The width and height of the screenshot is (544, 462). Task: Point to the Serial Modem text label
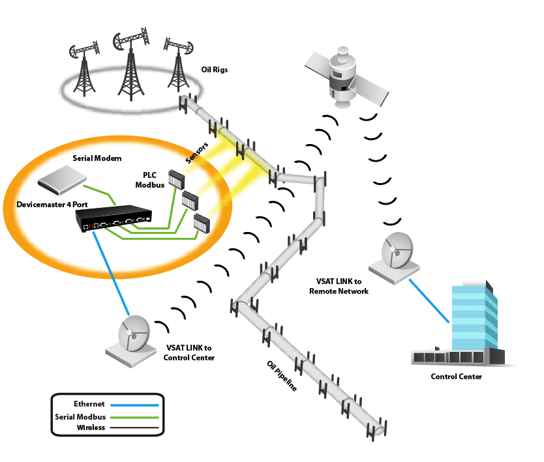pos(97,158)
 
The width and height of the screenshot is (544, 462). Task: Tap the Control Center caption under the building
pos(456,377)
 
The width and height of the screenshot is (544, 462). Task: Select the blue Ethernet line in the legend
pos(134,405)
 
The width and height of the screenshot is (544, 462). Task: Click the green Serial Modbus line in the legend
pos(134,416)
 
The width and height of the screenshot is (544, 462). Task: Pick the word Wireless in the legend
pos(91,427)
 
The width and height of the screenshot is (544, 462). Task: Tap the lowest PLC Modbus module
pos(202,224)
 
